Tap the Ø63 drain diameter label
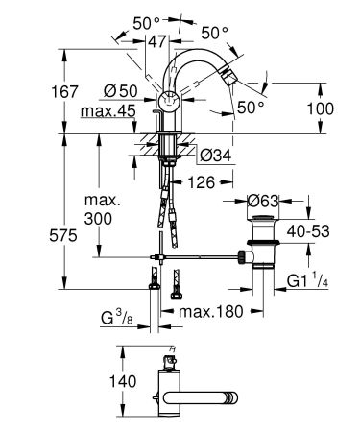[x=262, y=202]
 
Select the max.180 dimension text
[x=204, y=312]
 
